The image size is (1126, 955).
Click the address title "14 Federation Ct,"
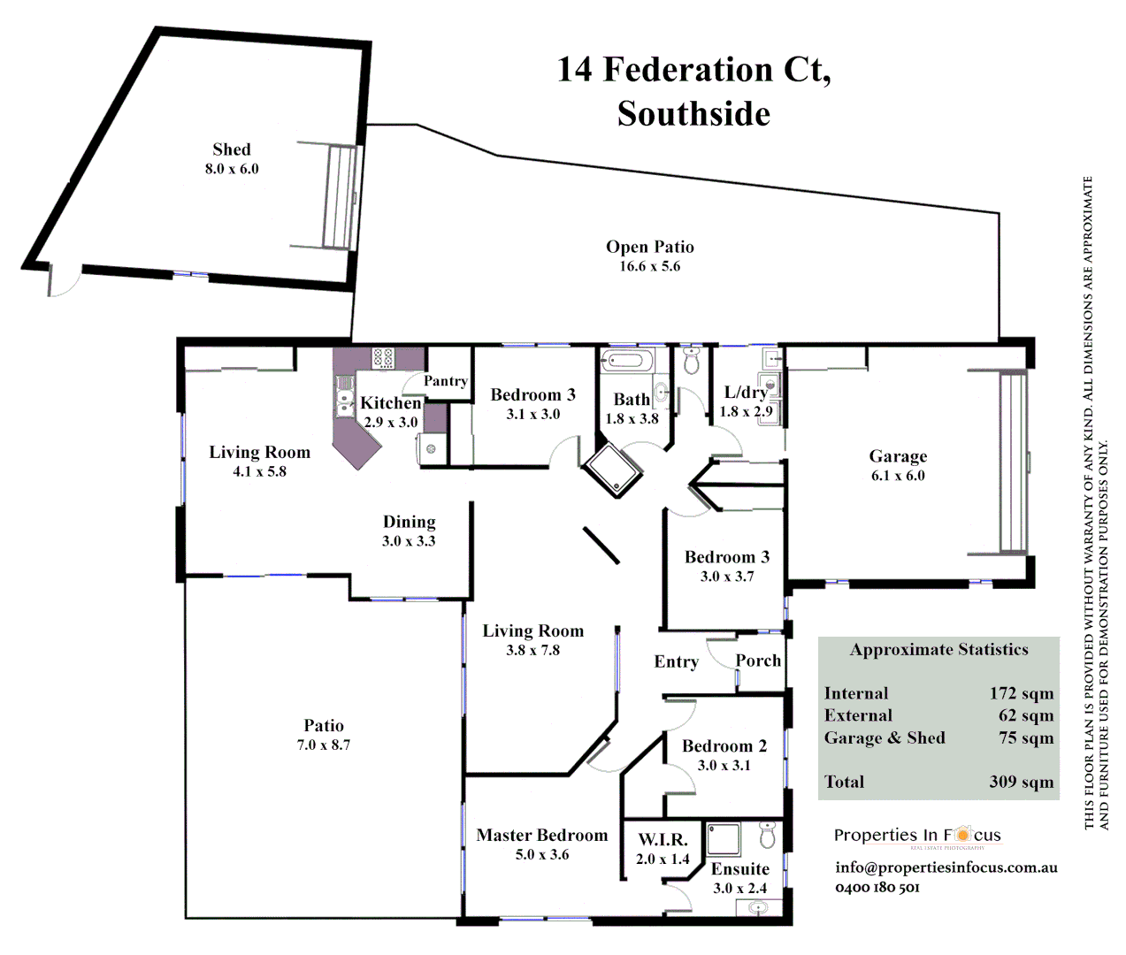tap(693, 70)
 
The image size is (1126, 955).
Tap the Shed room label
tap(232, 149)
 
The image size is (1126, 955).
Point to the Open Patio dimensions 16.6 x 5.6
tap(649, 266)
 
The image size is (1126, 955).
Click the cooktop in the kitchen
tap(383, 357)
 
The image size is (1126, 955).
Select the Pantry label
tap(445, 381)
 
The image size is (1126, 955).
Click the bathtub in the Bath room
tap(626, 360)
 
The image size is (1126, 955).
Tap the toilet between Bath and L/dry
tap(692, 361)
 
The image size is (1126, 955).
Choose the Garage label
tap(898, 456)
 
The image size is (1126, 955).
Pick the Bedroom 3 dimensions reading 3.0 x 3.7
tap(727, 577)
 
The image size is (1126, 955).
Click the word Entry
tap(676, 661)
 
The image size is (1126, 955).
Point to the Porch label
tap(758, 661)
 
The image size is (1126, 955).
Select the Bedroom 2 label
tap(724, 745)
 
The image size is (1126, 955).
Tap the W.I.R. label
tap(663, 839)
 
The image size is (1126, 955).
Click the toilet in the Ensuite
tap(767, 833)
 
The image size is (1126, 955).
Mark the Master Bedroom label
tap(541, 835)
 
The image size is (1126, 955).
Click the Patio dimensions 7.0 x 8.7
tap(324, 745)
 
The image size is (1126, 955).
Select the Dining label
tap(409, 522)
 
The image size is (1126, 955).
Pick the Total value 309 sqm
tap(1021, 782)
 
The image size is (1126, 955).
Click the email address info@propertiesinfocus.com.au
tap(946, 867)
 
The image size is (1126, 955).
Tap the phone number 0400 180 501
tap(877, 887)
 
